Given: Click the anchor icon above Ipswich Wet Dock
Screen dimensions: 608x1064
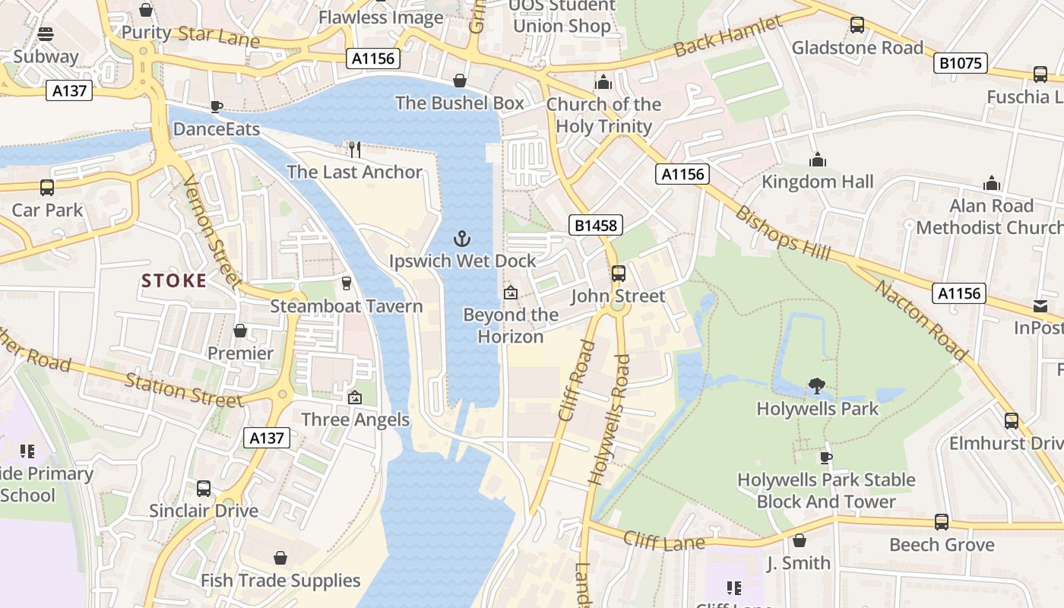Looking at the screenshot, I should point(462,239).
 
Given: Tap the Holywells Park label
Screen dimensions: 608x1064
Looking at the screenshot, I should point(817,409).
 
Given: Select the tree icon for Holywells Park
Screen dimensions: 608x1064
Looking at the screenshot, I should point(817,386).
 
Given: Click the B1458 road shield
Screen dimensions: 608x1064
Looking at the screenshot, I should point(596,225).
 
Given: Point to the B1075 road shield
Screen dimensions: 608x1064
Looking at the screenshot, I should point(960,63).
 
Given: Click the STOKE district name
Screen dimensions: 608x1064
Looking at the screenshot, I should point(174,280).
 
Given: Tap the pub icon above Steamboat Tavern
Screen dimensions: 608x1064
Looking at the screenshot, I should point(347,283).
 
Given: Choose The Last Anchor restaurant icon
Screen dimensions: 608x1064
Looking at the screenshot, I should point(354,149).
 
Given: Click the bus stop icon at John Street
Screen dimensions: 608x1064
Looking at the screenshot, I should point(619,273).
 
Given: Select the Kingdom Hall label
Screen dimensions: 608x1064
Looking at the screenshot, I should point(818,182).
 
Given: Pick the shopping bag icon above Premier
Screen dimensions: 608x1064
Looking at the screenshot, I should point(240,331).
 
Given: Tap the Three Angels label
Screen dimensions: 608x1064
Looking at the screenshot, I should point(355,420).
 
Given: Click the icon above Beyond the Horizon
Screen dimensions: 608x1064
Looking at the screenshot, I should point(510,292).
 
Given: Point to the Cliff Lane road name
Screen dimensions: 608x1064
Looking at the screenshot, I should point(664,540).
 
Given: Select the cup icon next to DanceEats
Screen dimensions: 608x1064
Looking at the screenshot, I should point(217,106).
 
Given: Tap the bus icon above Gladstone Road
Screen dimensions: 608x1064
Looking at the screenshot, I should point(857,24).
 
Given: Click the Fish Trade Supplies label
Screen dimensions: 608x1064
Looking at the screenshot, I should point(280,581).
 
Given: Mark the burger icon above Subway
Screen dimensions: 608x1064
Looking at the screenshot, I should point(46,33).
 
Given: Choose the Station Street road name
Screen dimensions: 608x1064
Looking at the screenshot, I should point(183,391).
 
